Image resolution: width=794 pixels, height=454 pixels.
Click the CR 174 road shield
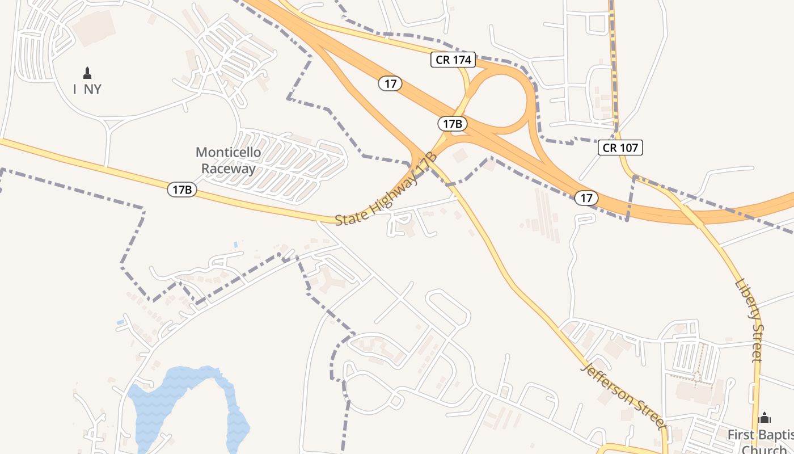[453, 60]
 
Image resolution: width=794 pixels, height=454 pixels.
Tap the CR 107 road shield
[620, 148]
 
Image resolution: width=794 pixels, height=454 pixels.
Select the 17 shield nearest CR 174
[390, 84]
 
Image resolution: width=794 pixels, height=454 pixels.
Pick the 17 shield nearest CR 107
[586, 198]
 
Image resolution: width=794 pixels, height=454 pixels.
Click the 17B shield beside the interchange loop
[453, 124]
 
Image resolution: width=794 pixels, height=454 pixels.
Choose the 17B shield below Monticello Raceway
[182, 190]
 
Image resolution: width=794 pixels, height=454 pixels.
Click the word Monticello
[228, 152]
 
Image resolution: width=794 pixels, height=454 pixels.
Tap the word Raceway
[228, 169]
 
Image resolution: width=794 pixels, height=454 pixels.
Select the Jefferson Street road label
[623, 395]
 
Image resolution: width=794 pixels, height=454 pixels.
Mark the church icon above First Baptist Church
[765, 418]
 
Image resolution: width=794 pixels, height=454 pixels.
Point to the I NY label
[87, 89]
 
